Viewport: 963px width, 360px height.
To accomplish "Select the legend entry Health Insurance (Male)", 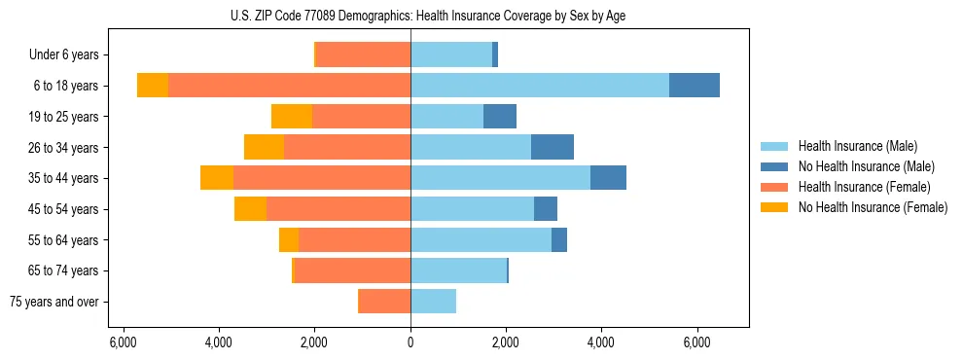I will (x=857, y=146).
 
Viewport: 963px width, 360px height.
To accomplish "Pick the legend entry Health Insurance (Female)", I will (x=864, y=187).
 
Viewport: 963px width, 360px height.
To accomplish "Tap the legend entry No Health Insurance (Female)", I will (x=873, y=207).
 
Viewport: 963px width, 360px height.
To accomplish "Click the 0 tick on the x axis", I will (x=410, y=342).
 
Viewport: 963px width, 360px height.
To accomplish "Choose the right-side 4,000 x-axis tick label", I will (x=601, y=342).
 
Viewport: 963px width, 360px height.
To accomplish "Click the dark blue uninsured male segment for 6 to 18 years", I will (x=695, y=86).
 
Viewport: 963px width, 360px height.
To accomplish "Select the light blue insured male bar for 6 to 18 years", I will (x=540, y=86).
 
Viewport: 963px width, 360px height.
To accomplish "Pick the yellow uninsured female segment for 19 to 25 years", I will (x=292, y=117).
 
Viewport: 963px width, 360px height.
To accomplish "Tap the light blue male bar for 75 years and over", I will (x=433, y=302).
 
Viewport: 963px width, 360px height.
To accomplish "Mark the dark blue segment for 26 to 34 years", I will (x=553, y=148).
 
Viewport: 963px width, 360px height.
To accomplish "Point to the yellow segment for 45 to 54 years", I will (x=250, y=209).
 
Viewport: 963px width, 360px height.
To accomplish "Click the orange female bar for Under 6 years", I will (x=364, y=55).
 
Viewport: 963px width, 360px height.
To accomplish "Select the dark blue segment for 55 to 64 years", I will (x=559, y=240).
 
